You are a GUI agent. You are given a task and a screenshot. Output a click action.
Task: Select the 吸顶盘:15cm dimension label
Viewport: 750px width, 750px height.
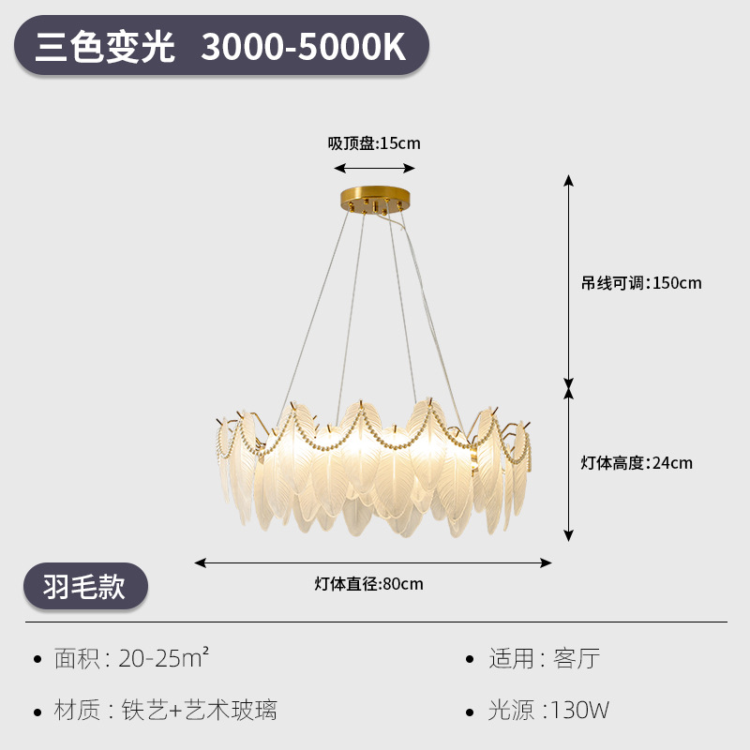[x=374, y=143]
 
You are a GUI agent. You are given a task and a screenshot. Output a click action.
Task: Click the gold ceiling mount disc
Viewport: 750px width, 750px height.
[x=375, y=201]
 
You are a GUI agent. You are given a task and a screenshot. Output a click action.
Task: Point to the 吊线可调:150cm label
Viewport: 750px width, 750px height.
[x=641, y=283]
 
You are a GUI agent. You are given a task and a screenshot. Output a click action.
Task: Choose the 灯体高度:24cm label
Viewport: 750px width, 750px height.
[x=637, y=462]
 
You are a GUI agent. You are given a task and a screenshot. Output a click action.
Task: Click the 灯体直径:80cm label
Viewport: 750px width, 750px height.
[x=368, y=584]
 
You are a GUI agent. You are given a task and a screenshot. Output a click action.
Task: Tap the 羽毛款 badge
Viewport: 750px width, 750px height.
[x=84, y=586]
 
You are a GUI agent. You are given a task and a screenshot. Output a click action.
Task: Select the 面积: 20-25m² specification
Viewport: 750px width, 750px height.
[x=131, y=658]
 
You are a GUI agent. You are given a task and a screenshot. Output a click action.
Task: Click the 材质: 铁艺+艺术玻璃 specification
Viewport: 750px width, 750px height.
[x=166, y=710]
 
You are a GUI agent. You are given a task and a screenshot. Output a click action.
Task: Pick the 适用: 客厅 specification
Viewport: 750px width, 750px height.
[x=544, y=658]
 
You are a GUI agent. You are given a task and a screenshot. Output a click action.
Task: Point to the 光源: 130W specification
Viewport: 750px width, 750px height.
[x=548, y=710]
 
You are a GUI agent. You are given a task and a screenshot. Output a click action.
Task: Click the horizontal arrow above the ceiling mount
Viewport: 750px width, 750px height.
[x=375, y=169]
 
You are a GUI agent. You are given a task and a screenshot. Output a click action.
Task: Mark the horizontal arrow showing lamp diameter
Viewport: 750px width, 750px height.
[x=373, y=562]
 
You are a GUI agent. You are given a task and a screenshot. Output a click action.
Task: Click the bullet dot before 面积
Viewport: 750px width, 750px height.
[x=37, y=659]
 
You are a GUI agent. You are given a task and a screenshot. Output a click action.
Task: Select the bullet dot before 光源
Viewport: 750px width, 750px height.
[x=471, y=711]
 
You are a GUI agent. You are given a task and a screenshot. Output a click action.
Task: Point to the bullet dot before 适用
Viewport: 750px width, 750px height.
[x=471, y=659]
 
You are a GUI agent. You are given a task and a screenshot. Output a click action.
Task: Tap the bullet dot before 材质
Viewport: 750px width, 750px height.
[x=37, y=711]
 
